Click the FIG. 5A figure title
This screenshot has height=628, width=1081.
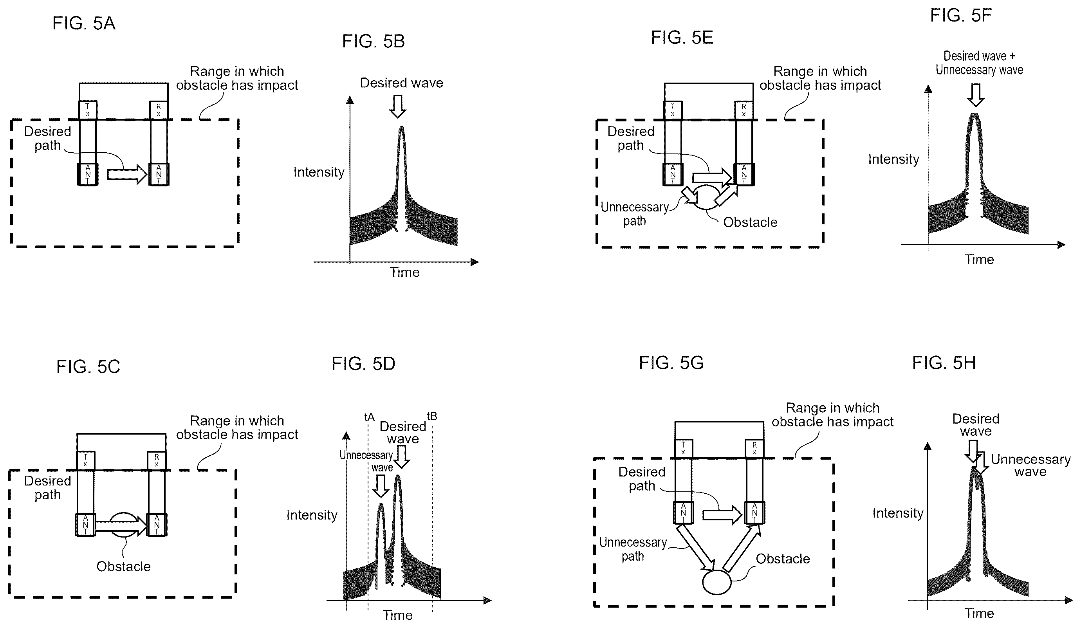[x=84, y=23]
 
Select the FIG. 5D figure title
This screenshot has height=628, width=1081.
[x=363, y=364]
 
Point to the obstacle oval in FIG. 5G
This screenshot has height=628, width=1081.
[x=716, y=582]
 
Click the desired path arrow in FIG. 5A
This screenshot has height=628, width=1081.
[x=127, y=174]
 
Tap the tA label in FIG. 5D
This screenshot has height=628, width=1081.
[x=369, y=417]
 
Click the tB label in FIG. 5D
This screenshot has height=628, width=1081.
[x=432, y=416]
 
